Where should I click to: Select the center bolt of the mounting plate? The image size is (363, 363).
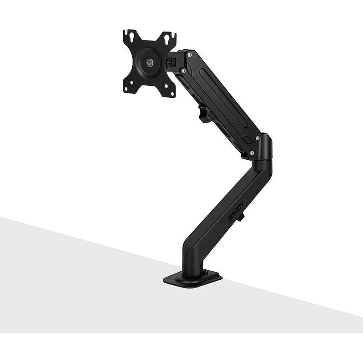[x=149, y=63]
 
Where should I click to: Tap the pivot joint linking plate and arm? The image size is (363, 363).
[x=172, y=62]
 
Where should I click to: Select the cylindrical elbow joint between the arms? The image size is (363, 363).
[x=264, y=148]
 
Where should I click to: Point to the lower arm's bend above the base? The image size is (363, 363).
[x=190, y=244]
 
